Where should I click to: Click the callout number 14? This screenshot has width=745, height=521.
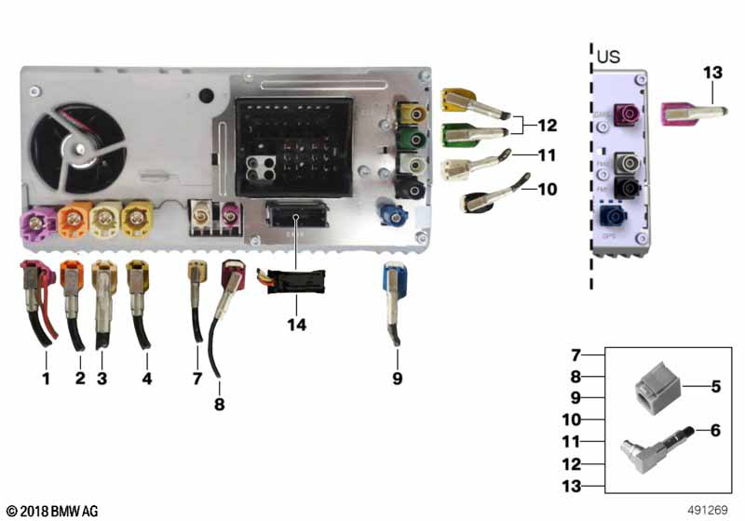(296, 326)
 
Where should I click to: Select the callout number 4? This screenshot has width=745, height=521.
(145, 379)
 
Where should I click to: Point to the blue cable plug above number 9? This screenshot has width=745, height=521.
(393, 280)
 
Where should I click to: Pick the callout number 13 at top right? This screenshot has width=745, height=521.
(712, 71)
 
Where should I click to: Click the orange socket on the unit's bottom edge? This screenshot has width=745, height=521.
(73, 221)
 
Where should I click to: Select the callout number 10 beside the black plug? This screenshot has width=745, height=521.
(547, 188)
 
